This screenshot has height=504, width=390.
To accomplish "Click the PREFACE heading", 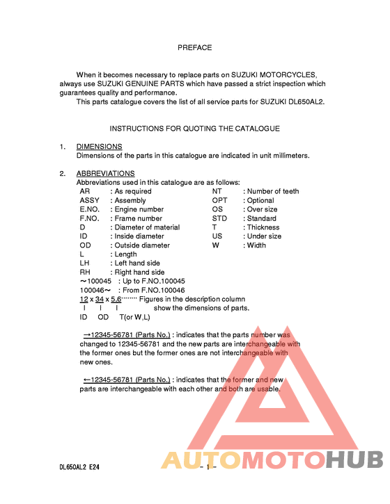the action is click(194, 48).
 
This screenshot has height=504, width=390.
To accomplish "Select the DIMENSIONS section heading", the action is click(99, 147).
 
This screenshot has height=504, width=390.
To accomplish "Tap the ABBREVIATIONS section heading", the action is click(105, 173).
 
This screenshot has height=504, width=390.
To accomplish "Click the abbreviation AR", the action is click(84, 191).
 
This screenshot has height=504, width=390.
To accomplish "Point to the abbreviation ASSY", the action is click(90, 200).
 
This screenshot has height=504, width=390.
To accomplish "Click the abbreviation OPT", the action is click(219, 200).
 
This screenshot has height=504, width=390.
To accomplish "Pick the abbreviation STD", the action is click(219, 218).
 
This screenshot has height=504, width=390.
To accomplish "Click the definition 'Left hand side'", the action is click(137, 263).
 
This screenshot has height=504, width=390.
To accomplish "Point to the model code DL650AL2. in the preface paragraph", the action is click(302, 101).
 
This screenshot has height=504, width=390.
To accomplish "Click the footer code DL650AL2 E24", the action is click(79, 469).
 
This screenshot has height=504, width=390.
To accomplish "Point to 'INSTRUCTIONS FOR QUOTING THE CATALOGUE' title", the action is click(195, 129).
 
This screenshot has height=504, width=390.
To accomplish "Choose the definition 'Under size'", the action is click(264, 236).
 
